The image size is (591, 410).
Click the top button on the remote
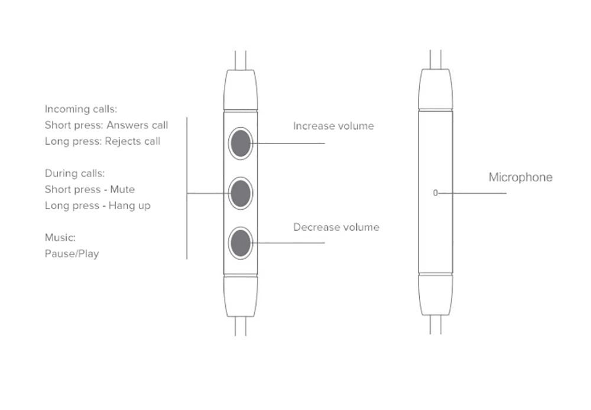coord(241,143)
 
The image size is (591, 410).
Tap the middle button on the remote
coord(241,193)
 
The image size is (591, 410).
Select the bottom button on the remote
coord(241,243)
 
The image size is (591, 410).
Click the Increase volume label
coord(333,126)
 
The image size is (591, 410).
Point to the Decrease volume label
coord(336,227)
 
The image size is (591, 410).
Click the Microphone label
coord(521,177)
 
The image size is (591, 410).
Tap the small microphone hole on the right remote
coord(436,193)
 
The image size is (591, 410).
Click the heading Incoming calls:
coord(80,109)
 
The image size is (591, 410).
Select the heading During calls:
coord(74,173)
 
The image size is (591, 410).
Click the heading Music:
coord(60,237)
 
